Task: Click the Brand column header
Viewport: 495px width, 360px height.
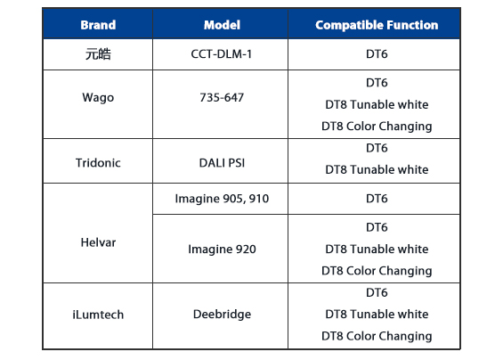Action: click(x=98, y=25)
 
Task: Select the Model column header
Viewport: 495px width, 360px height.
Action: click(x=222, y=25)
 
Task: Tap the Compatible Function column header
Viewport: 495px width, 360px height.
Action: click(x=377, y=25)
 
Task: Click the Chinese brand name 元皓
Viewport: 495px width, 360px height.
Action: click(x=98, y=54)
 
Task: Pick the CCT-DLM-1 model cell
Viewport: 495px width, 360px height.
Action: click(x=222, y=54)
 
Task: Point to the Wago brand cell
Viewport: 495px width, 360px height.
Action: click(x=98, y=97)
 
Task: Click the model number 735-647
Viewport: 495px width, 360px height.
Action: click(x=222, y=97)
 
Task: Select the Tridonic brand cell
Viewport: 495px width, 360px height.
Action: click(x=98, y=163)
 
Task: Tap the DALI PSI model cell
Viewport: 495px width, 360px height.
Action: click(x=222, y=163)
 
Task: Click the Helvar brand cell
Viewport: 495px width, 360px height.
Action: click(x=98, y=242)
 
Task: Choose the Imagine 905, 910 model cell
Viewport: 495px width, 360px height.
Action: click(x=222, y=199)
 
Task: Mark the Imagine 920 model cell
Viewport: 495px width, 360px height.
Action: click(x=222, y=250)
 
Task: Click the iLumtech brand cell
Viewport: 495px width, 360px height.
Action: click(x=98, y=315)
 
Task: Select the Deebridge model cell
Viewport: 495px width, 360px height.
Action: click(x=222, y=315)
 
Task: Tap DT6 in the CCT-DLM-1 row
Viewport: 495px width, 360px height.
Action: click(x=377, y=54)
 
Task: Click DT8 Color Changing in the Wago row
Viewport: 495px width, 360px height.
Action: click(x=377, y=127)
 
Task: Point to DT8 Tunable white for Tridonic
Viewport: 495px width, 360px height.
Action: click(x=377, y=169)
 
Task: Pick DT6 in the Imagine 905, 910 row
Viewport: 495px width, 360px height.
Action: click(x=377, y=199)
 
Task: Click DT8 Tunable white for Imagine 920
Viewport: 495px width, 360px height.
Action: click(x=377, y=250)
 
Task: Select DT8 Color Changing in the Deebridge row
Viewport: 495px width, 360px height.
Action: click(x=377, y=336)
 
